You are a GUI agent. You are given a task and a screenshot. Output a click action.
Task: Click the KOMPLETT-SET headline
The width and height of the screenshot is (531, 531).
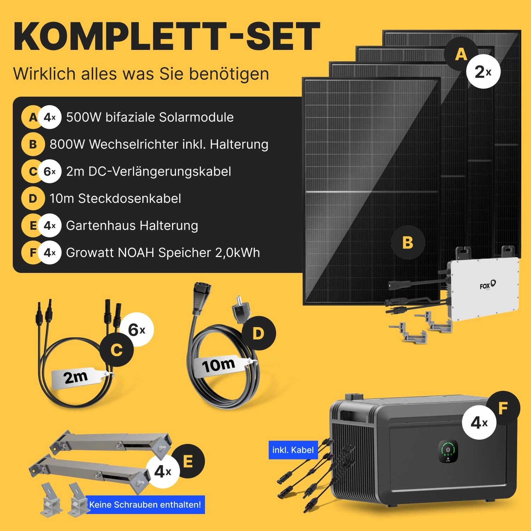tap(167, 36)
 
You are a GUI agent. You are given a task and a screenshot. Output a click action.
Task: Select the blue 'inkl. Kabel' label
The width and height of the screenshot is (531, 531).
tap(293, 450)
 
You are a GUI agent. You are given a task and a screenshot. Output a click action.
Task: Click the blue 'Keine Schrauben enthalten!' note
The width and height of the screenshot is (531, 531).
tap(145, 504)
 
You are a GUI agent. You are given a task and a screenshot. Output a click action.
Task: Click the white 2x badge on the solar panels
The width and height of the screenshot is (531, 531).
tap(483, 72)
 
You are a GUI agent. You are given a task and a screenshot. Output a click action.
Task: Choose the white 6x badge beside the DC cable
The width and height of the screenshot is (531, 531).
tap(137, 330)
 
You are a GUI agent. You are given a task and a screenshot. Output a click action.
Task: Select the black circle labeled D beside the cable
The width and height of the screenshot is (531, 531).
tap(258, 333)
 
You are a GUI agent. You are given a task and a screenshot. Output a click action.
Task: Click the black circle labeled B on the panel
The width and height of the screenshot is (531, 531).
tap(408, 242)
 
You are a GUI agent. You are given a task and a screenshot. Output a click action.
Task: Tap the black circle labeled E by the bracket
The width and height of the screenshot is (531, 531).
tap(188, 461)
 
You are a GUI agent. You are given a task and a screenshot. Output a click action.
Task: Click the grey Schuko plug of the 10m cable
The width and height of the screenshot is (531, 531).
tap(240, 310)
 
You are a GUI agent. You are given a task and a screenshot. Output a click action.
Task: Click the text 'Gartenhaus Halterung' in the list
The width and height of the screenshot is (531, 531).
tap(132, 225)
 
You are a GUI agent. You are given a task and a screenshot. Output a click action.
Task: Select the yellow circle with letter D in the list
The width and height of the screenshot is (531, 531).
tap(33, 199)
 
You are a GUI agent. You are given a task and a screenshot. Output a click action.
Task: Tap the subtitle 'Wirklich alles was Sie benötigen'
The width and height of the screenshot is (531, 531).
tap(141, 74)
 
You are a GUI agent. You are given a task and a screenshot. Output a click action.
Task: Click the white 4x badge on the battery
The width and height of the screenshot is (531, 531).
tap(479, 422)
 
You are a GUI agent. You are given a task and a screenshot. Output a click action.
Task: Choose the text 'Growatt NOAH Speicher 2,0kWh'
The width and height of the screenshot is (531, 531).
tap(163, 253)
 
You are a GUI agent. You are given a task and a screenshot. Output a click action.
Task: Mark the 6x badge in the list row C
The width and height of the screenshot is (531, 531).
tap(50, 172)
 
